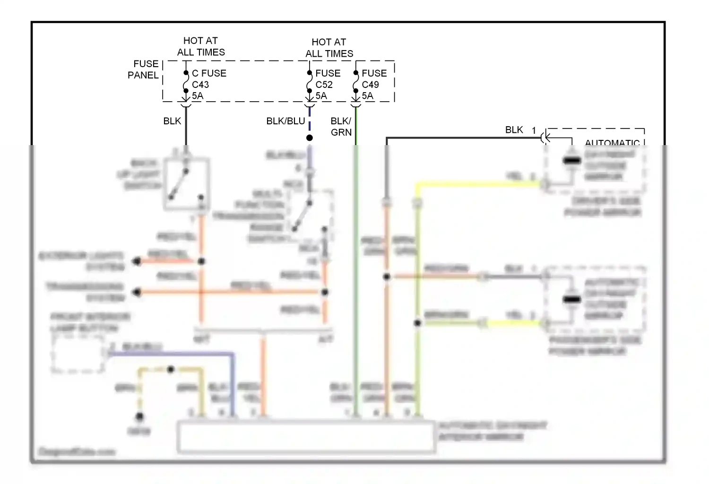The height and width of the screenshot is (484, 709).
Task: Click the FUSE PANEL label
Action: pos(144,69)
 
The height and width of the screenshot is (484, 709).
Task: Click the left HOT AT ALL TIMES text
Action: pos(201,46)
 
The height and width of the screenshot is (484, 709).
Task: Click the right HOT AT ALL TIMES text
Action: pos(329,48)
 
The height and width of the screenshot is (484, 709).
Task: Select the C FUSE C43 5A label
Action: pos(208,85)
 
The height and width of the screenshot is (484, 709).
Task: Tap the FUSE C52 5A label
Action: pos(328,85)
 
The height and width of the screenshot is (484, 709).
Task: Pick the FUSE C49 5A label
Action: pos(374,85)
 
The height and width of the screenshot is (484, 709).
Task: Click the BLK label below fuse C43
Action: pos(172,121)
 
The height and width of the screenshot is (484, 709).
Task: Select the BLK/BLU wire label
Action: pos(285,121)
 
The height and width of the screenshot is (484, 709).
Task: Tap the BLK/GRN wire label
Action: pos(341,127)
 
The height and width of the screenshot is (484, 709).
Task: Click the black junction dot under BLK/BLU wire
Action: pos(310,138)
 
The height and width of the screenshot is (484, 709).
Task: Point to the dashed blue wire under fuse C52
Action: pos(310,118)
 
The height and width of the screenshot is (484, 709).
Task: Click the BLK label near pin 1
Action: pos(514,130)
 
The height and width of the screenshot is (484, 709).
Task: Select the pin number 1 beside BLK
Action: pos(534,130)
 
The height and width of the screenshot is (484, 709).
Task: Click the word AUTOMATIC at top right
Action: pos(612,142)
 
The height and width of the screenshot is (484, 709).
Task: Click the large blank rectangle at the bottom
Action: pos(306,437)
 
